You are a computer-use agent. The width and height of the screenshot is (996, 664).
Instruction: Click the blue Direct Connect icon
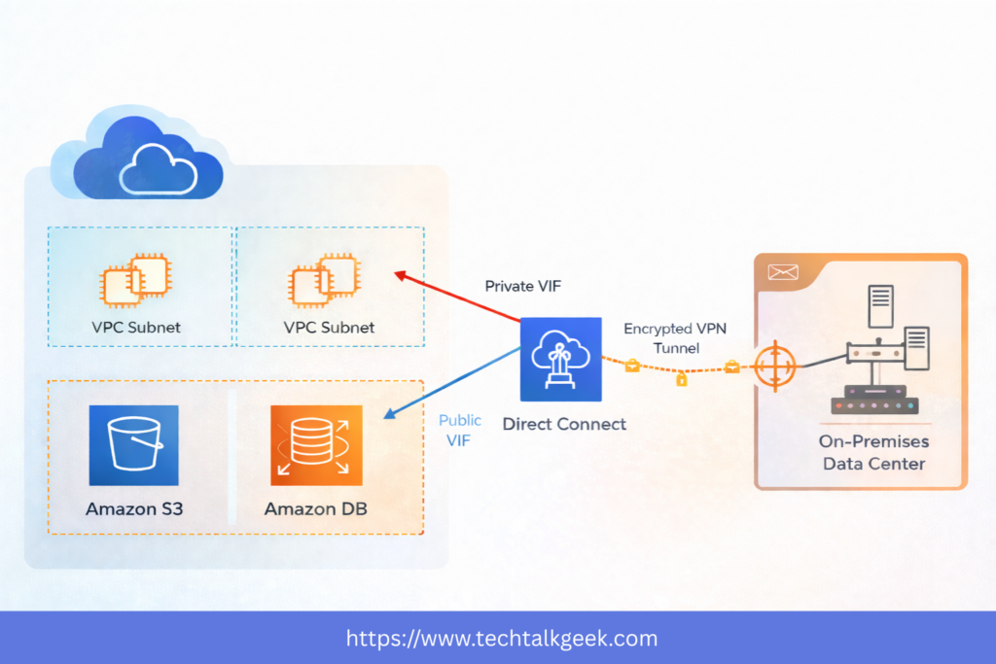pos(561,359)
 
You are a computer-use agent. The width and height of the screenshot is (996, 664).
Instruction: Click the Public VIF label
pos(459,431)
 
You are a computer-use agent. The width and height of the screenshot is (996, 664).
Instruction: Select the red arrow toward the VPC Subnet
pos(457,297)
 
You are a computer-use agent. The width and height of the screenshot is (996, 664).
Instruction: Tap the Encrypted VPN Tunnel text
pos(674,337)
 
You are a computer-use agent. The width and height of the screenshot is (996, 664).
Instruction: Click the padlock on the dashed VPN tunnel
pos(681,378)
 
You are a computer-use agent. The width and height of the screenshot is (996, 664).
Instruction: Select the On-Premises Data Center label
pos(873,452)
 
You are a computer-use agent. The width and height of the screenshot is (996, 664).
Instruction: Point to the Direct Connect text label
pos(564,424)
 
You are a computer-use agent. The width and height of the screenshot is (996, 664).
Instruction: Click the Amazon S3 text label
pos(133,508)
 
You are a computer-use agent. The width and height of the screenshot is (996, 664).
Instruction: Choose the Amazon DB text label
pos(315,508)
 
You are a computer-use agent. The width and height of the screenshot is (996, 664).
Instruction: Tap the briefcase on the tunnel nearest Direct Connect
pos(631,365)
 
